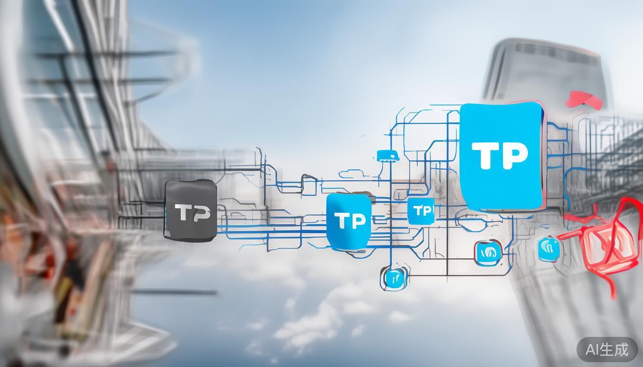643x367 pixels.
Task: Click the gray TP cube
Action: point(190,210)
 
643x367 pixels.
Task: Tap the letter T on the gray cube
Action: point(182,213)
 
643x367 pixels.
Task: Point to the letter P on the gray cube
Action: point(200,213)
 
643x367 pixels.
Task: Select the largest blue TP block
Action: point(501,157)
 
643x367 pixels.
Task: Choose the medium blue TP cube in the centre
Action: point(349,221)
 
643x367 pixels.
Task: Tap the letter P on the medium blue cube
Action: point(358,221)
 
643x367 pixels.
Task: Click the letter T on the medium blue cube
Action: point(342,221)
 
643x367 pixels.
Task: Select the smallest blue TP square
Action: point(421,211)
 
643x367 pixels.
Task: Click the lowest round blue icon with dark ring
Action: point(395,278)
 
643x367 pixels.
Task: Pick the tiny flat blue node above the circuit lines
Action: point(387,155)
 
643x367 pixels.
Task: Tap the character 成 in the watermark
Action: point(621,349)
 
